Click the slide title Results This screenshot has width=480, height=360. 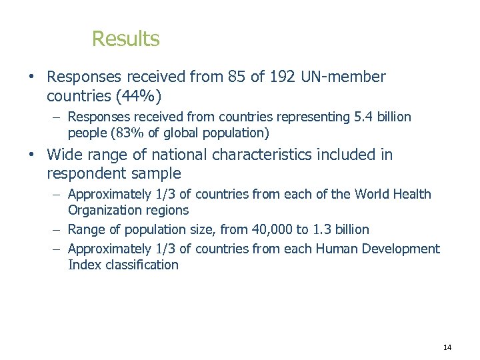pyautogui.click(x=125, y=39)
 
